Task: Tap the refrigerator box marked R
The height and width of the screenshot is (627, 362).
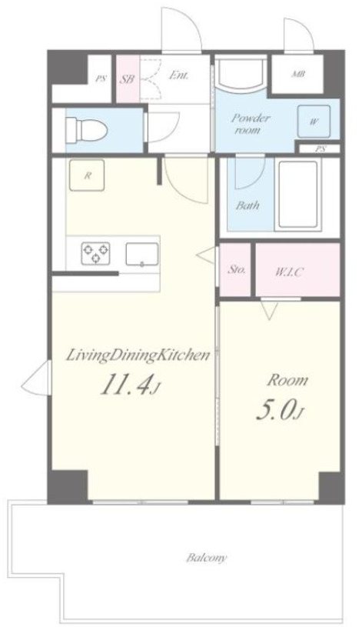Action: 87,175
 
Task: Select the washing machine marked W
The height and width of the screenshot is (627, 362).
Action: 314,122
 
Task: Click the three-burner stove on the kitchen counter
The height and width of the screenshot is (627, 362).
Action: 96,253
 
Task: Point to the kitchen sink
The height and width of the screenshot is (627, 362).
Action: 142,255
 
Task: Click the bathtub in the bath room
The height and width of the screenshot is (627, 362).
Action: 298,195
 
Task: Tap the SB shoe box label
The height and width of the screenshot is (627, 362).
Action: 128,78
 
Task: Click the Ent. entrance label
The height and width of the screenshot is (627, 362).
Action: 178,75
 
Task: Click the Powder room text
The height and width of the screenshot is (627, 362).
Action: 251,124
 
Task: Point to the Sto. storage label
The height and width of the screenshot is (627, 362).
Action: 236,270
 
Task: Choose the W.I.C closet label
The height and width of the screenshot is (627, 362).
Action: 290,272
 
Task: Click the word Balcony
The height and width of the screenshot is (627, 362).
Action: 207,558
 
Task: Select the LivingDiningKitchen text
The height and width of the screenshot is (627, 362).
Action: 138,355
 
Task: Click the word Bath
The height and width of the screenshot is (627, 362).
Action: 247,205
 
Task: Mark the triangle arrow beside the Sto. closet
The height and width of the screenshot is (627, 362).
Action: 207,255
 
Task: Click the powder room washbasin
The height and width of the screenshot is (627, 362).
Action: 241,75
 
